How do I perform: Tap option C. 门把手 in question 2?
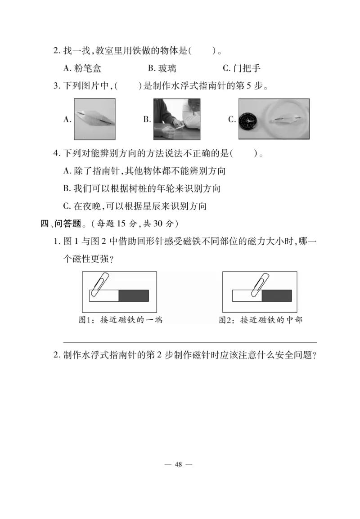coord(242,68)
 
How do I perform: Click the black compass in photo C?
coord(247,121)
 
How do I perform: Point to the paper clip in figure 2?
coord(258,284)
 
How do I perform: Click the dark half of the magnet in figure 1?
coord(134,295)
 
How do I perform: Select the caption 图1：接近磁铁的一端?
coord(120,320)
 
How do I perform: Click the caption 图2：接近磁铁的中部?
coord(261,320)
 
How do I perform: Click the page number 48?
coord(179,465)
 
